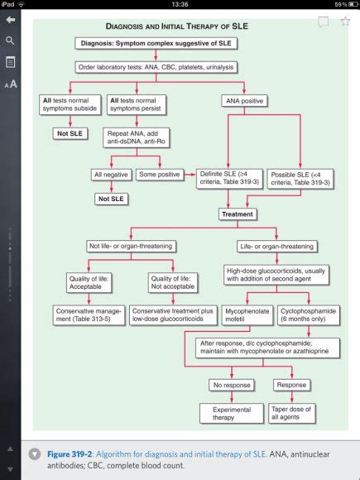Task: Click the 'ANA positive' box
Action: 243,101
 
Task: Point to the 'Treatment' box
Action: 238,214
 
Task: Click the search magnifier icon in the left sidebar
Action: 10,40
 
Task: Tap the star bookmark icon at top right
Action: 344,22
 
